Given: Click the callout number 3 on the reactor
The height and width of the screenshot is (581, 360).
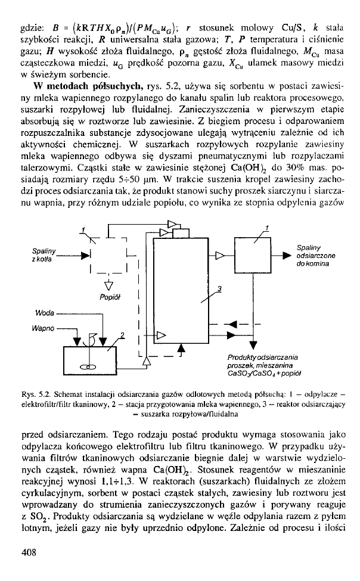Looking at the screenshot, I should click(x=219, y=290).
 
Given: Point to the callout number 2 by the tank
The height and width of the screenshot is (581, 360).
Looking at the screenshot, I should click(x=123, y=334).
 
